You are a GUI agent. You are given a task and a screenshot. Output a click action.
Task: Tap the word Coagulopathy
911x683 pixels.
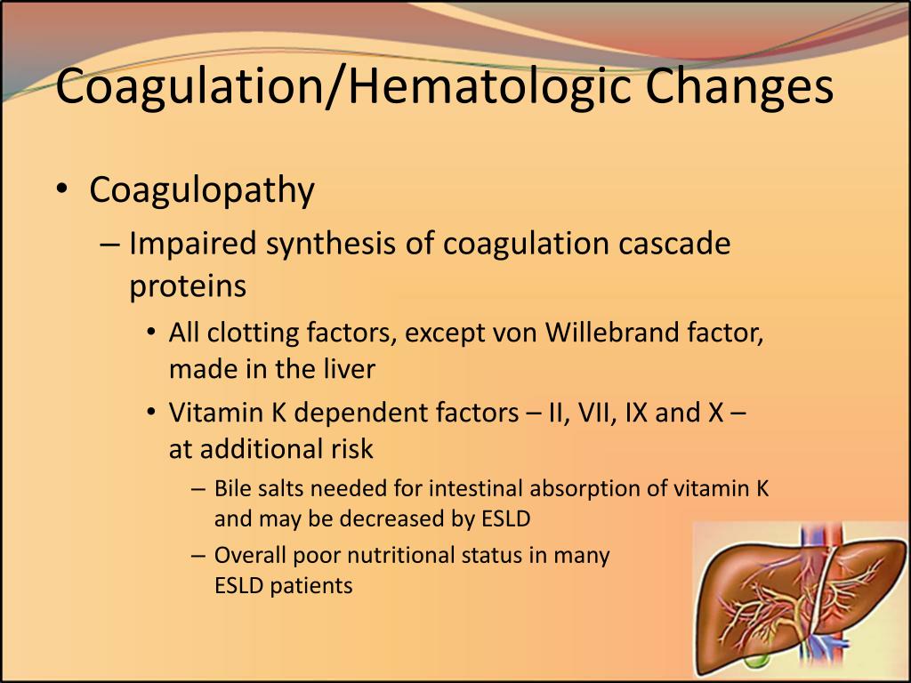(x=202, y=190)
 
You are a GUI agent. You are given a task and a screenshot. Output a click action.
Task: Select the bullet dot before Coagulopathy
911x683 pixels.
(x=60, y=191)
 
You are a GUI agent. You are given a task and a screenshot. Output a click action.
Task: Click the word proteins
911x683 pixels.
(x=187, y=286)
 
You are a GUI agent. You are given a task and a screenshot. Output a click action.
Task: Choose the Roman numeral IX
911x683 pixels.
(x=637, y=414)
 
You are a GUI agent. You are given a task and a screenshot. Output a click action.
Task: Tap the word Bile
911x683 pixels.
(x=233, y=488)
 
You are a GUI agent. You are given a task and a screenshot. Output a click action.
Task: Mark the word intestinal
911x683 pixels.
(x=477, y=488)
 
